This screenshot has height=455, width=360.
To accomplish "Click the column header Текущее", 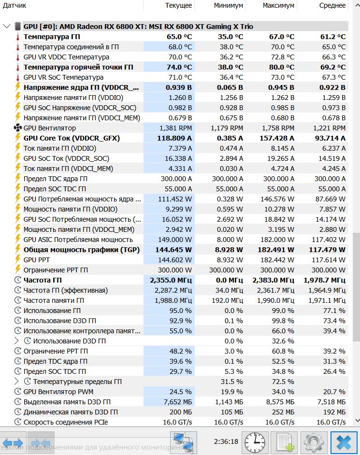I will click(x=178, y=5).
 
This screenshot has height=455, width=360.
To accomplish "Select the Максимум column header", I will click(x=278, y=5).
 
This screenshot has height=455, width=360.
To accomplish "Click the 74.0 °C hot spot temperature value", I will click(x=179, y=67).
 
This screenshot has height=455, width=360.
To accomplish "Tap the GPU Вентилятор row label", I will click(x=50, y=128).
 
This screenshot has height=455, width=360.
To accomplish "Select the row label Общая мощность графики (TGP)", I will click(x=82, y=250).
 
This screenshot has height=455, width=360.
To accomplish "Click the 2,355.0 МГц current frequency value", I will click(x=171, y=280).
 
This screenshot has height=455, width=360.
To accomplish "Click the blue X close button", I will click(x=344, y=441).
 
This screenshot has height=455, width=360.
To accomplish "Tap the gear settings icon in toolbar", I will click(x=314, y=441).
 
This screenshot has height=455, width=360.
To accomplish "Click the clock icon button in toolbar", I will click(x=255, y=441).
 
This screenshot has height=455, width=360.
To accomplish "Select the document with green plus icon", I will click(x=285, y=441).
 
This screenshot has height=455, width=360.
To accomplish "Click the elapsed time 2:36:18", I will click(x=226, y=441).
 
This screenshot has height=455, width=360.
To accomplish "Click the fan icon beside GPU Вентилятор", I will click(x=18, y=128).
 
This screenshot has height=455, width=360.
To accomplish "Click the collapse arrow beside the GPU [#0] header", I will click(x=7, y=26).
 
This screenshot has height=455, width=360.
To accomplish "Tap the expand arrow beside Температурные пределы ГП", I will click(x=17, y=382).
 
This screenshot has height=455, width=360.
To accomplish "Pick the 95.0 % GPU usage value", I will click(x=182, y=311).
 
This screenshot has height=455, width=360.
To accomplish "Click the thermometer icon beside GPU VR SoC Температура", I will click(x=18, y=77).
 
